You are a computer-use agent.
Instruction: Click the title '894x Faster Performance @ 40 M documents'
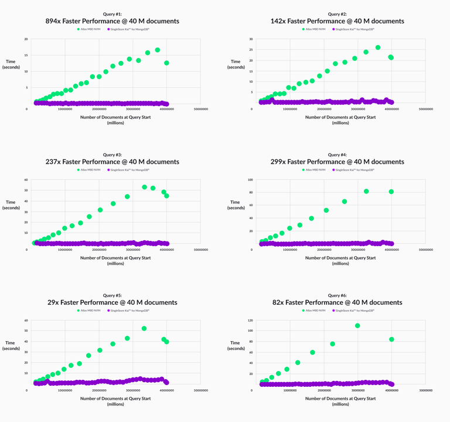[x=112, y=21]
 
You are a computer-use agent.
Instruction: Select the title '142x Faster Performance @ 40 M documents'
[x=337, y=21]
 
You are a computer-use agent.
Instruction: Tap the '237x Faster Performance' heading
[x=112, y=162]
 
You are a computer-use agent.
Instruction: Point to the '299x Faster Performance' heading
[x=337, y=162]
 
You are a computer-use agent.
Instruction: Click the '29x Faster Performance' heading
[x=112, y=302]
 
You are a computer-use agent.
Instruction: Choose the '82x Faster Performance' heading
[x=337, y=302]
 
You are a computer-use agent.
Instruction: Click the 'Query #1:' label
[x=112, y=14]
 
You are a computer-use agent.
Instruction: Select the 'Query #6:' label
[x=337, y=295]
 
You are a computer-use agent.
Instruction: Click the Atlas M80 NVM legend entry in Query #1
[x=88, y=29]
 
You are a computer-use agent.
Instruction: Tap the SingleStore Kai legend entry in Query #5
[x=128, y=310]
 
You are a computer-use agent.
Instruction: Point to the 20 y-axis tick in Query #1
[x=26, y=39]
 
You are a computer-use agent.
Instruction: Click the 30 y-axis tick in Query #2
[x=251, y=39]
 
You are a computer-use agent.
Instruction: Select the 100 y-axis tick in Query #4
[x=250, y=180]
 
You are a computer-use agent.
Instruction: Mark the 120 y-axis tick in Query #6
[x=250, y=321]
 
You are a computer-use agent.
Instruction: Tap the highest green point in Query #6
[x=357, y=326]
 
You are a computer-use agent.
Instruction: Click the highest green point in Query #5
[x=144, y=329]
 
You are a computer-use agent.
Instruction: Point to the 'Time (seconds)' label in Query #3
[x=11, y=205]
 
